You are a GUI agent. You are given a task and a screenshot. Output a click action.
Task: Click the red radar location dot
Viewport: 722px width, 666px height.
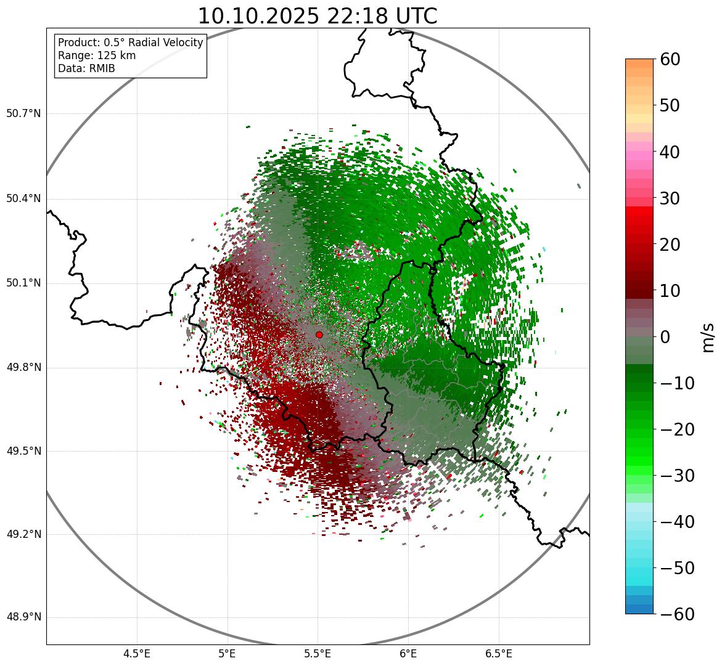pyautogui.click(x=319, y=335)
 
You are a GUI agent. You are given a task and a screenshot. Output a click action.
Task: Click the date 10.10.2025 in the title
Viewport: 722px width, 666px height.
pyautogui.click(x=258, y=16)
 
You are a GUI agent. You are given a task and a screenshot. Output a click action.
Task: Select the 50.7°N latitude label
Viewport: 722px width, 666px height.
pyautogui.click(x=23, y=113)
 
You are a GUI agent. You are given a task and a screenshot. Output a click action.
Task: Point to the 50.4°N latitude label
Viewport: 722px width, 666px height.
pyautogui.click(x=23, y=198)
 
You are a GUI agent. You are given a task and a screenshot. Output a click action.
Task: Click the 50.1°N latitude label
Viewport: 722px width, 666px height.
pyautogui.click(x=23, y=283)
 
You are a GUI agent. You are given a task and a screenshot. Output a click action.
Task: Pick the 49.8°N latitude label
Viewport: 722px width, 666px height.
pyautogui.click(x=23, y=367)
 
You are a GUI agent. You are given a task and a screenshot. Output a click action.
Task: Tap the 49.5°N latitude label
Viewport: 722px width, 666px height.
pyautogui.click(x=23, y=451)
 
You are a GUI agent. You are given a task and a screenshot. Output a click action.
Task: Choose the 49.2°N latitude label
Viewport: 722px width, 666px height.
pyautogui.click(x=23, y=534)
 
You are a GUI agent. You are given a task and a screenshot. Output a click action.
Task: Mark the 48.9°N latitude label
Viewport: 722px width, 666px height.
pyautogui.click(x=23, y=617)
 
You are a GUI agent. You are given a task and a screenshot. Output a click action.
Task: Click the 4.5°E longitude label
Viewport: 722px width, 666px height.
pyautogui.click(x=137, y=654)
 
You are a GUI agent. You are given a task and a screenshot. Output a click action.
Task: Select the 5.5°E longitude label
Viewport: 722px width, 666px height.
pyautogui.click(x=318, y=654)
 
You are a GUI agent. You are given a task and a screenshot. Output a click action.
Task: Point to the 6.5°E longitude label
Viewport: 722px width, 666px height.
pyautogui.click(x=498, y=654)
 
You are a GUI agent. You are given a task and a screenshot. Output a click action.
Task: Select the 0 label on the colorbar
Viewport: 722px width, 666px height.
pyautogui.click(x=666, y=337)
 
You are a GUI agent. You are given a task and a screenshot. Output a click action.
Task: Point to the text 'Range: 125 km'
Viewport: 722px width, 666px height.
pyautogui.click(x=97, y=55)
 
